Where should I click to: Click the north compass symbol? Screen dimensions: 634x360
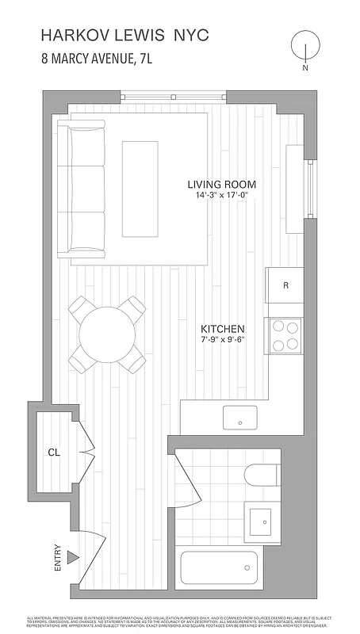[304, 47]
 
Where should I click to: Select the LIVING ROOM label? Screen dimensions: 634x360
[221, 184]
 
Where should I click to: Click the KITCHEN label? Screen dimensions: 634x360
[222, 328]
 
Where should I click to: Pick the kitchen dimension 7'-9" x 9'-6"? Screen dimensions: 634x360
[222, 340]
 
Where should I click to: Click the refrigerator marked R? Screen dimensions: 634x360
[285, 286]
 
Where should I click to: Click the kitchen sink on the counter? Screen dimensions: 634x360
[240, 416]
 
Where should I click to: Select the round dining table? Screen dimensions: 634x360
[107, 332]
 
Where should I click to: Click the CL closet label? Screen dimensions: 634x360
[54, 453]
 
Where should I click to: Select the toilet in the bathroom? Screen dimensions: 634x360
[262, 476]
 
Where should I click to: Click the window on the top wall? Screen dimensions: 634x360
[174, 97]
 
